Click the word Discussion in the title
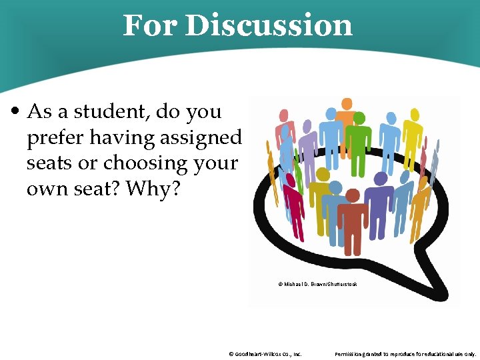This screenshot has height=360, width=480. click(268, 26)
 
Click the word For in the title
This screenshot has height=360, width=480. click(150, 26)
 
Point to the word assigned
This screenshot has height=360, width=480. click(201, 138)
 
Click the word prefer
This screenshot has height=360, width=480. click(56, 138)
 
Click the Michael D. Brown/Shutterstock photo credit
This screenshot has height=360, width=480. click(317, 285)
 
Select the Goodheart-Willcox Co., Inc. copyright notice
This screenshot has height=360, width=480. click(265, 354)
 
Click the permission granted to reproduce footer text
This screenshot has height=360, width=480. click(405, 354)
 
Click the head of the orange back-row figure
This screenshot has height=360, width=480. click(347, 104)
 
